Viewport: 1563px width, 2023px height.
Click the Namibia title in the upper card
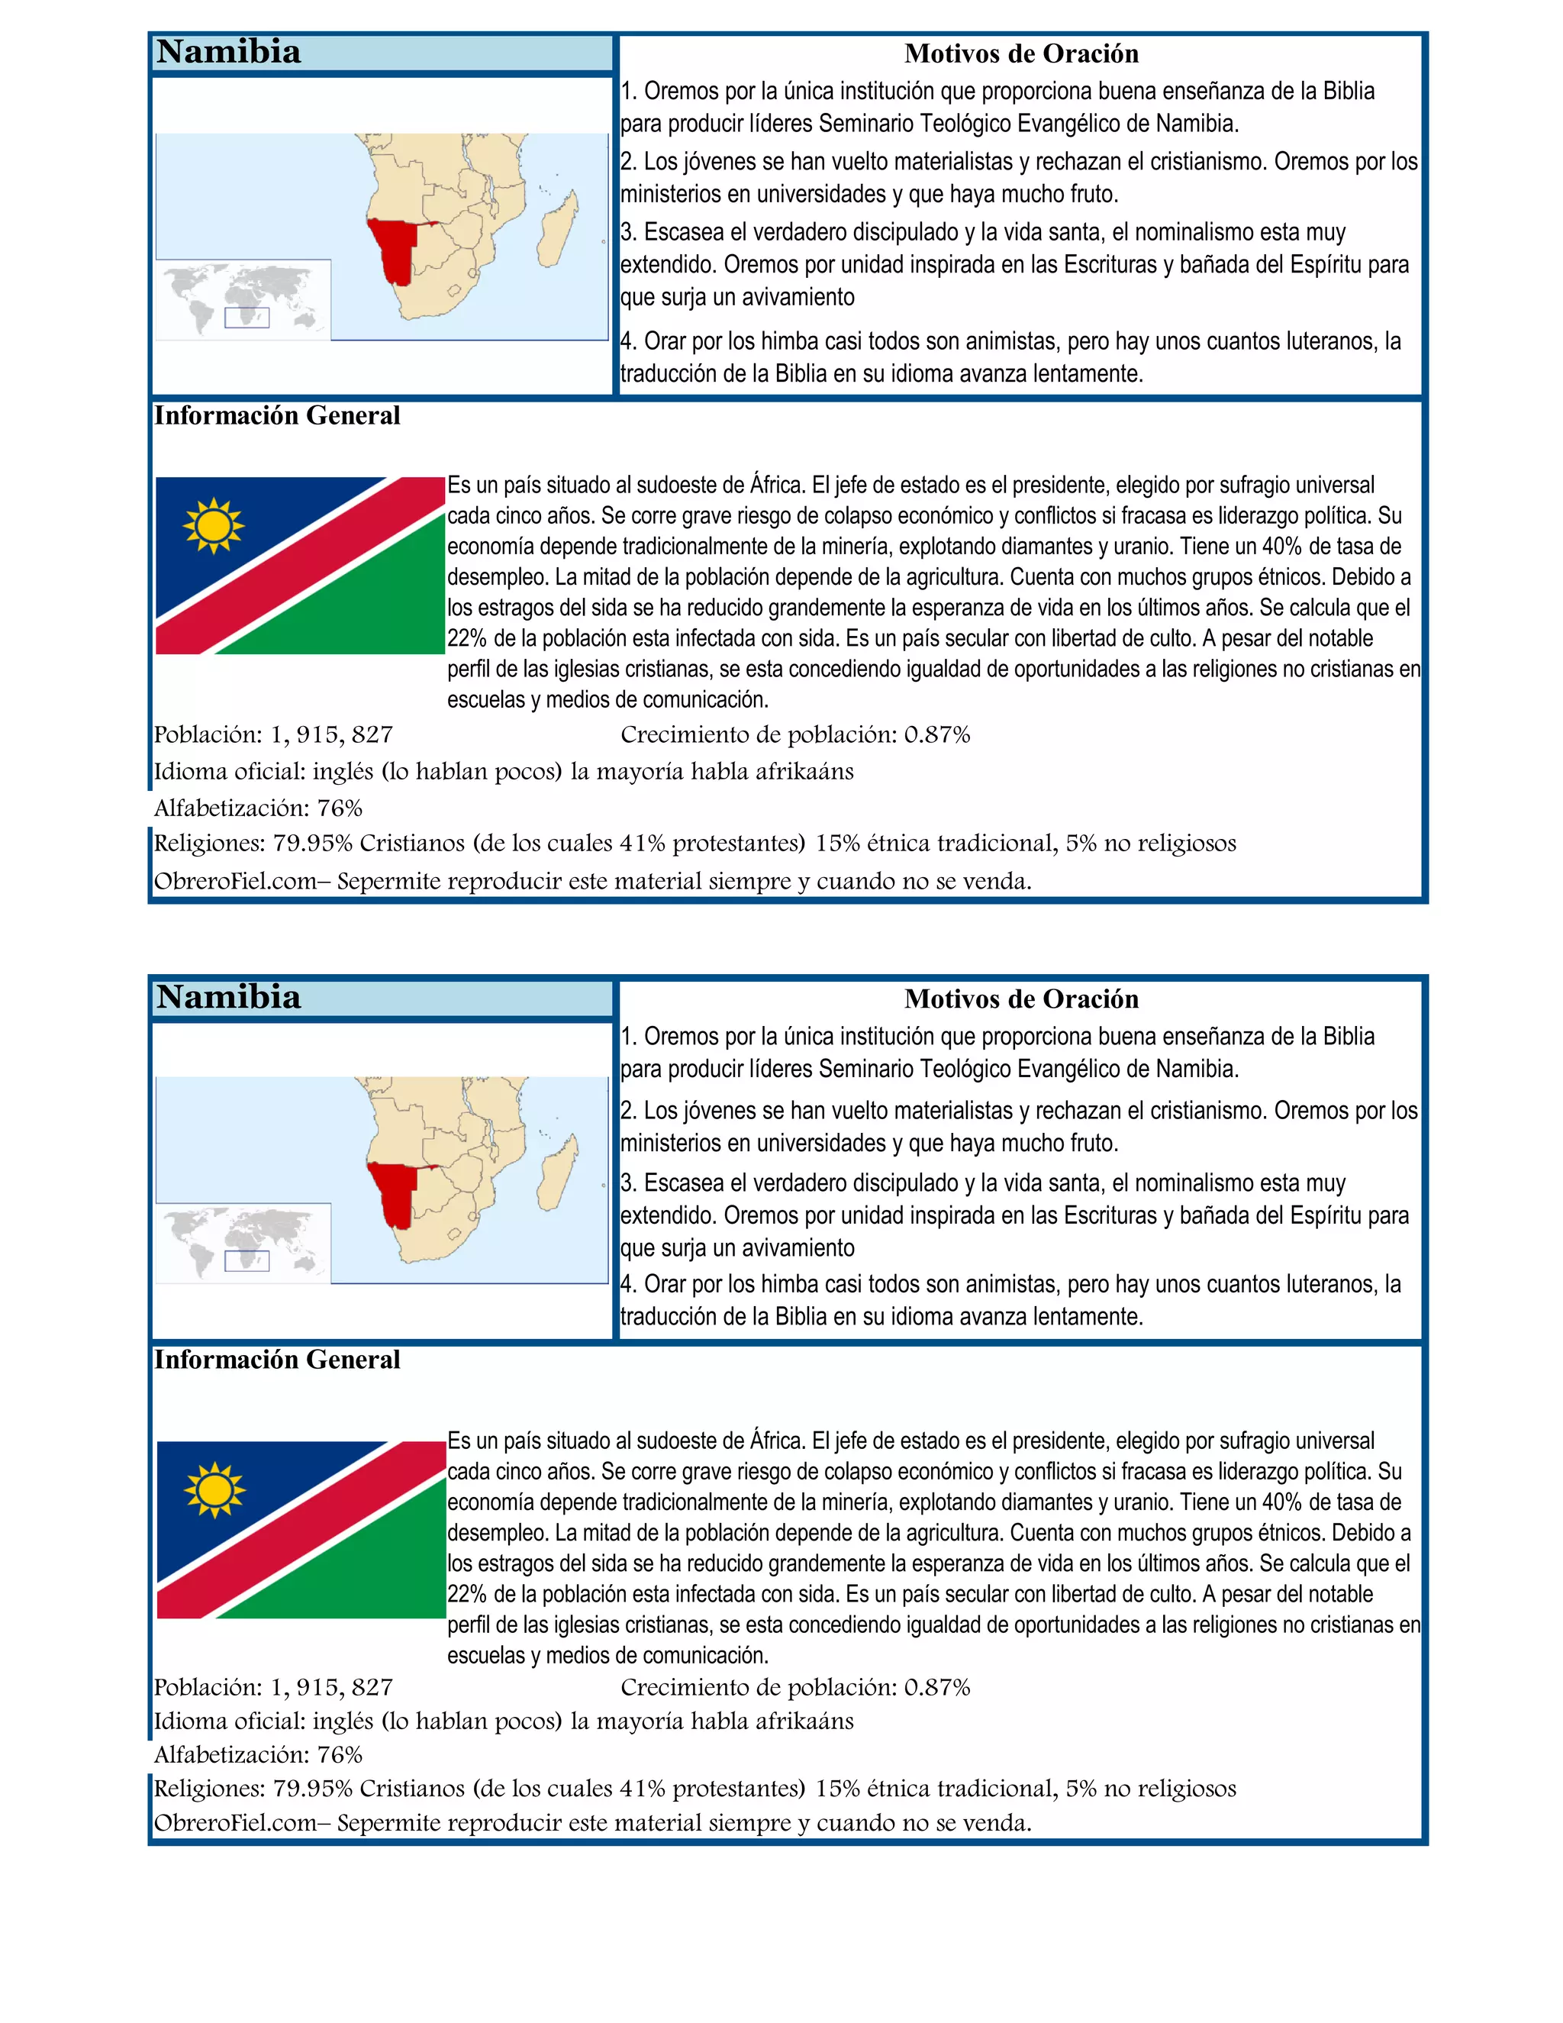pyautogui.click(x=229, y=52)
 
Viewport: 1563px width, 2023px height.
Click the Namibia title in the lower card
pyautogui.click(x=229, y=998)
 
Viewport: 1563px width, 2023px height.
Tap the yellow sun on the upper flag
pyautogui.click(x=214, y=525)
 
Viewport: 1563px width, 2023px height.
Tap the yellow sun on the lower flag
pyautogui.click(x=214, y=1489)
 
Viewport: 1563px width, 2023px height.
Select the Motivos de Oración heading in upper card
pyautogui.click(x=1020, y=53)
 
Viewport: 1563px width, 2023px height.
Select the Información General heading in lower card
pyautogui.click(x=277, y=1360)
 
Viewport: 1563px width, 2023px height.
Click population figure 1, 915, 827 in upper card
pyautogui.click(x=331, y=734)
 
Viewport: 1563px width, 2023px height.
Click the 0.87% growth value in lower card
pyautogui.click(x=937, y=1688)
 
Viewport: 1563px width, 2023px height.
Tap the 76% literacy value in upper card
pyautogui.click(x=340, y=808)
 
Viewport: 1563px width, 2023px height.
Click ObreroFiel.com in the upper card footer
pyautogui.click(x=235, y=881)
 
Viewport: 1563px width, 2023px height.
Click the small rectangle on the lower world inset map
pyautogui.click(x=247, y=1260)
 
